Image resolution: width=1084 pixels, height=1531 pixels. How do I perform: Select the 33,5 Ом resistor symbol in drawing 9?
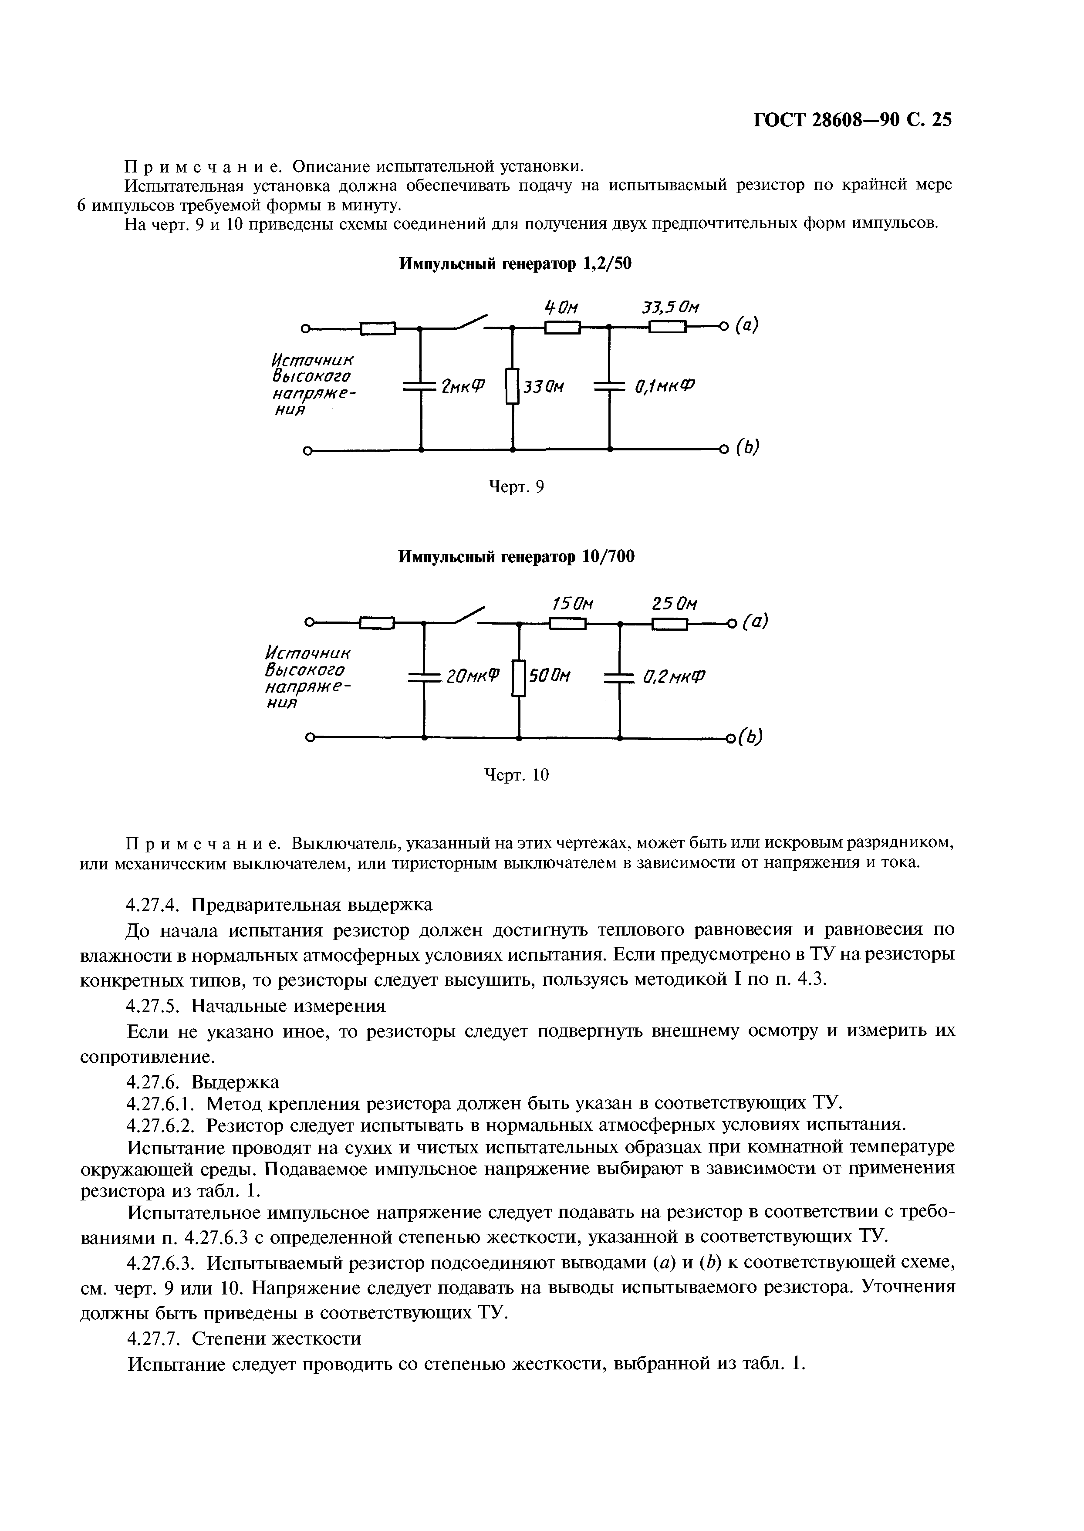coord(668,327)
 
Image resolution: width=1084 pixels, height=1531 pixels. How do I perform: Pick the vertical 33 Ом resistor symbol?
coord(512,386)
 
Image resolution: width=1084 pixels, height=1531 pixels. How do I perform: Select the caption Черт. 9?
coord(517,487)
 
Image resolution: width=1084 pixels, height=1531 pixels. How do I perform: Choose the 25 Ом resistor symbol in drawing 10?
coord(669,624)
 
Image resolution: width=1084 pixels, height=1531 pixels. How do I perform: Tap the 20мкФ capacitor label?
coord(472,677)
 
